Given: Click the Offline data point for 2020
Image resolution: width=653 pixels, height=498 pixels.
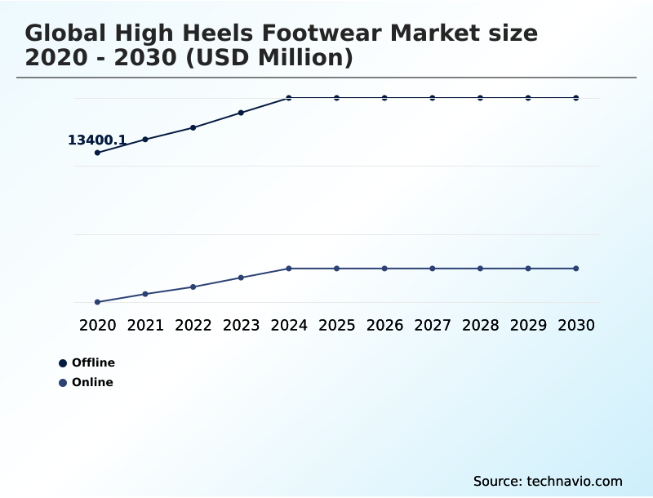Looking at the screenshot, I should tap(97, 153).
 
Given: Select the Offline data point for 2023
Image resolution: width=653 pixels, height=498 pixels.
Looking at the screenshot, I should tap(241, 113).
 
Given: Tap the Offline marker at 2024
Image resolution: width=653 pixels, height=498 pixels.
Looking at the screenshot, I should tap(289, 98).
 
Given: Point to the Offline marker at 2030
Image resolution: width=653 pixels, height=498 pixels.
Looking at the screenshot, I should tap(576, 98).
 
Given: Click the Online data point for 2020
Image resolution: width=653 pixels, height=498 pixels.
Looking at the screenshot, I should tap(97, 302).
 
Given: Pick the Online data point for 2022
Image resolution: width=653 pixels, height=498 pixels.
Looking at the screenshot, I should tap(193, 287).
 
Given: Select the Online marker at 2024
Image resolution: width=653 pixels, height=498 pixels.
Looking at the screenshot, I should tap(289, 269).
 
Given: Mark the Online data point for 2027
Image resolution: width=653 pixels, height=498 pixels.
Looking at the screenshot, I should tap(433, 269).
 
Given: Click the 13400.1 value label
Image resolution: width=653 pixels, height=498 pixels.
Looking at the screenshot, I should tap(96, 140).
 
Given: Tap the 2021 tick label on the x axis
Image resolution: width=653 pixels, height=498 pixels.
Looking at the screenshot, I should tap(145, 325).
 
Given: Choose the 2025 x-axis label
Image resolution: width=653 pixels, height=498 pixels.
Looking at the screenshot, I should tap(336, 325).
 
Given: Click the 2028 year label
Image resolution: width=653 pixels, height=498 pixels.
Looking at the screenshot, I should tap(480, 325).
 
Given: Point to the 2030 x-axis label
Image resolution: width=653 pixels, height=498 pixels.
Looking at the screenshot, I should tap(576, 325).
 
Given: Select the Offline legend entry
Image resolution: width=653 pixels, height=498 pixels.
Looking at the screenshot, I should tap(87, 362).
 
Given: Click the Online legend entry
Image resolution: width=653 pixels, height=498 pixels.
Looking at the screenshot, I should tap(87, 382).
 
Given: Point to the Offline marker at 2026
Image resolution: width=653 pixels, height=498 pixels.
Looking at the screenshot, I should tap(384, 98).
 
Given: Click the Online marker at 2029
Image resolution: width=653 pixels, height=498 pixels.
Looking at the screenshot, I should tap(528, 269).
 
